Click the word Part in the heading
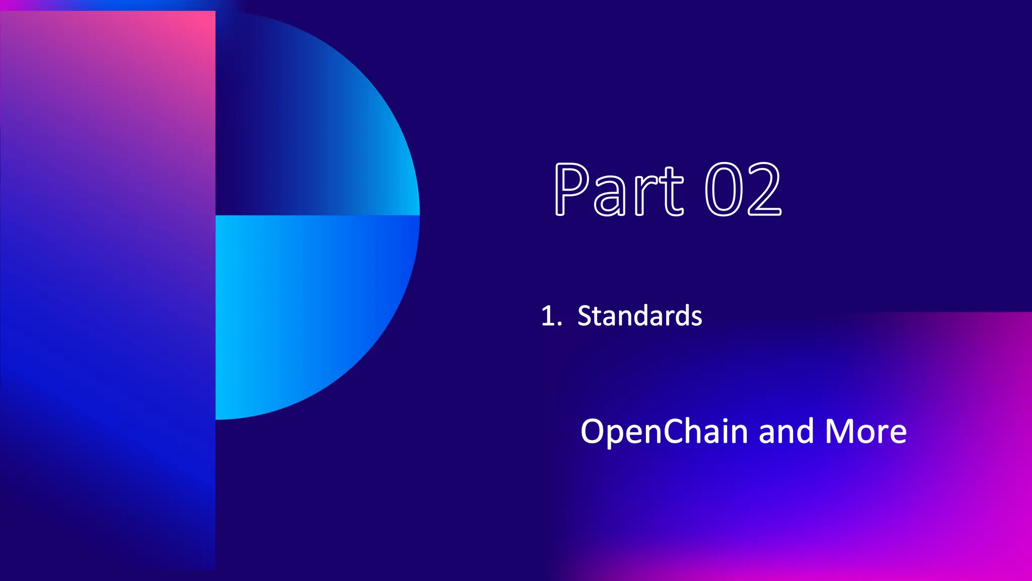click(x=619, y=190)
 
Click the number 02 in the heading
click(x=742, y=190)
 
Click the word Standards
click(x=639, y=316)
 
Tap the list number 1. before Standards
click(x=551, y=317)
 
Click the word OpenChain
click(x=664, y=432)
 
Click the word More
click(x=866, y=432)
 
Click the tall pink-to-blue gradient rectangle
click(x=107, y=290)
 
